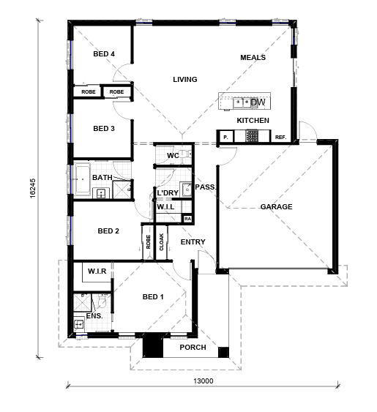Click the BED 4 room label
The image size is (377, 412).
click(104, 54)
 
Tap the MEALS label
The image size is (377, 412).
click(253, 57)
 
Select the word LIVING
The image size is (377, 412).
click(184, 79)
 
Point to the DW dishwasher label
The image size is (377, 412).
click(258, 102)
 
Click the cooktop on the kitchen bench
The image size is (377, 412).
click(252, 135)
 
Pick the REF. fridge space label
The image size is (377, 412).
click(280, 137)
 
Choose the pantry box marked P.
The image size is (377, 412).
click(225, 137)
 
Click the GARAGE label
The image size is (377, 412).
click(276, 207)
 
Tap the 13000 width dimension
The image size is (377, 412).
click(204, 381)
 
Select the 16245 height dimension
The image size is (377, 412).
click(33, 188)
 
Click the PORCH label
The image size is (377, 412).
click(193, 348)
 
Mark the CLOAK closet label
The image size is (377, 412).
click(162, 241)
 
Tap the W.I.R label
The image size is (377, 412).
click(97, 271)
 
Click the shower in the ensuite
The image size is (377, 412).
click(82, 303)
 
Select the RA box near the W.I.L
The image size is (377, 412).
click(187, 219)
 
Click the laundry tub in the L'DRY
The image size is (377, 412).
click(187, 189)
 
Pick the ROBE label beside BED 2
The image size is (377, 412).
click(148, 241)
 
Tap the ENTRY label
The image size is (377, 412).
click(193, 241)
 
